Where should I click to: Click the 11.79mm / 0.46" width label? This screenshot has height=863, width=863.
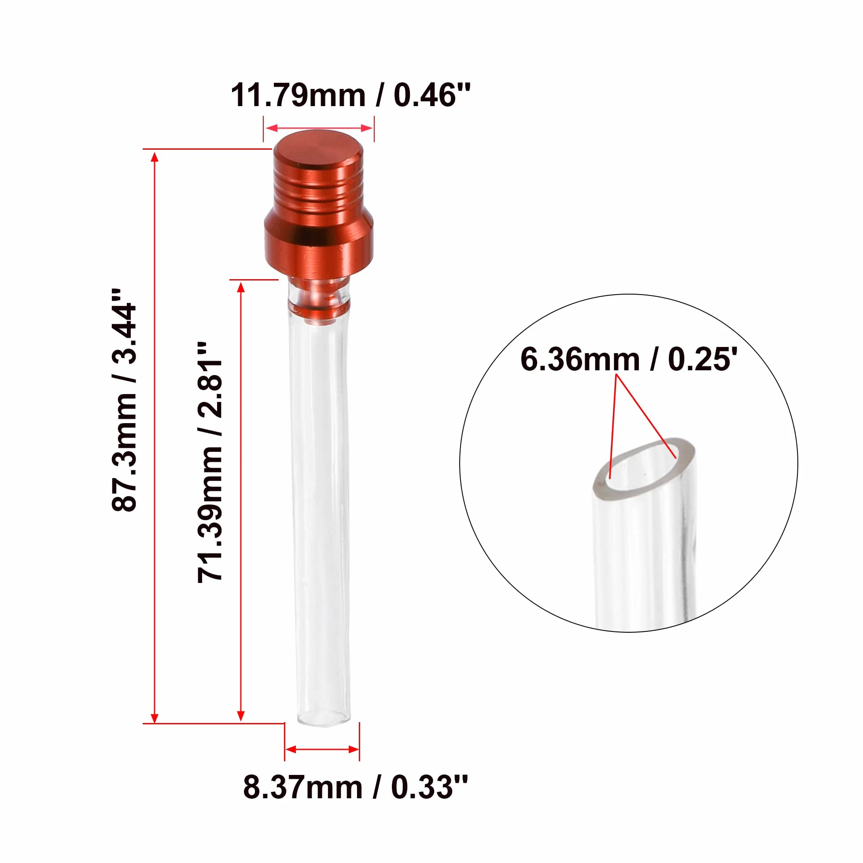tap(350, 95)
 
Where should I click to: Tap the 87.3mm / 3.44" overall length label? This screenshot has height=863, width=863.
tap(124, 400)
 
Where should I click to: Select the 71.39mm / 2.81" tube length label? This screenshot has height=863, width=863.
tap(210, 462)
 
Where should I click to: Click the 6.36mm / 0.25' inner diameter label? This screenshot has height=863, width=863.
tap(629, 359)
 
